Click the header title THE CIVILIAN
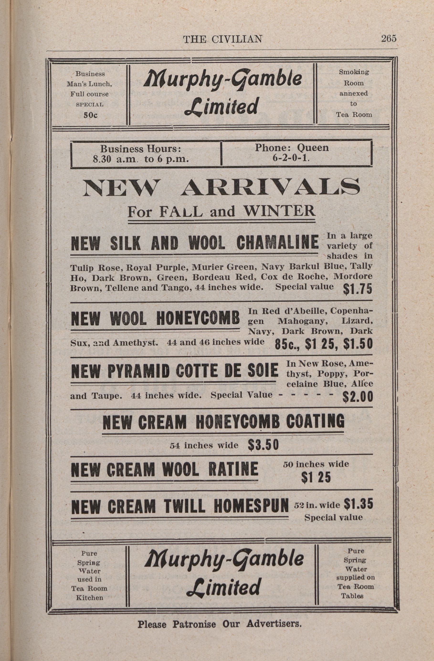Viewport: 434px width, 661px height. pos(222,39)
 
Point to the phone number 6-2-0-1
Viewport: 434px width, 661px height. pos(291,158)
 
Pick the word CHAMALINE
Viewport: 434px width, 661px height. pos(277,242)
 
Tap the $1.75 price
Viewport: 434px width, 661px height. pos(357,289)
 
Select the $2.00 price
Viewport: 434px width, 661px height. pos(357,396)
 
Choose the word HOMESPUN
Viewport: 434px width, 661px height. pos(251,506)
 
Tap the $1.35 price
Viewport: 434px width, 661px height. pos(358,504)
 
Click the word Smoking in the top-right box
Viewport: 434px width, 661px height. pos(354,72)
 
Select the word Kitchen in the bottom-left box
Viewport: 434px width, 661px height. pos(90,597)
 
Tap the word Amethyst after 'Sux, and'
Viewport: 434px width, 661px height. pos(135,343)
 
